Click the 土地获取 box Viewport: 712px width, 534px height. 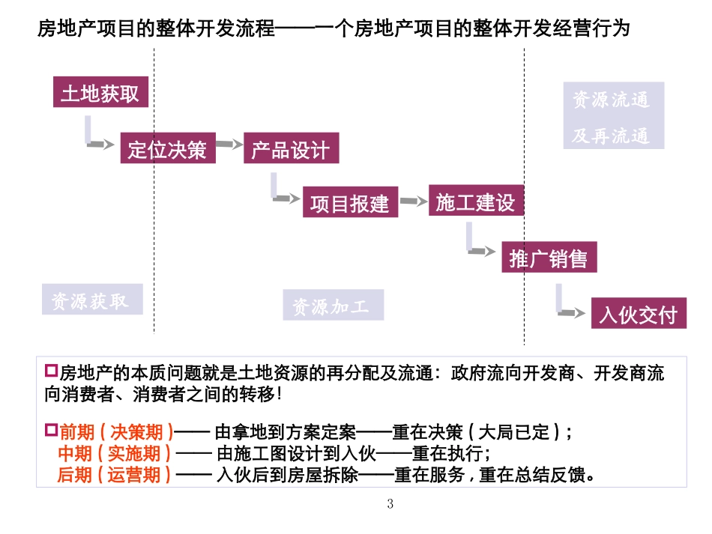click(100, 94)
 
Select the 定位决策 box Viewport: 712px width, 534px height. click(167, 150)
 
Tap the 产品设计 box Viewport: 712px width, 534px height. click(290, 150)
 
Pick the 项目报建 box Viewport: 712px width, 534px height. click(350, 203)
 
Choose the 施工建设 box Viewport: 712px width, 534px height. click(475, 201)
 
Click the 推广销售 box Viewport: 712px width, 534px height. click(548, 259)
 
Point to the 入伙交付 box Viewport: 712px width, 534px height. click(638, 315)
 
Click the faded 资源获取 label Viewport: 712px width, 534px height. click(91, 300)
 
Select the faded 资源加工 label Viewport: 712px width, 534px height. click(333, 306)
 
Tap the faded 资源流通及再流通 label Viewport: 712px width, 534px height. click(613, 118)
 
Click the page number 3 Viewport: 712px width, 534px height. click(390, 504)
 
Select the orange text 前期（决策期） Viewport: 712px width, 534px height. click(116, 432)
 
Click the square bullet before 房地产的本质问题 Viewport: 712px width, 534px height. click(51, 370)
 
